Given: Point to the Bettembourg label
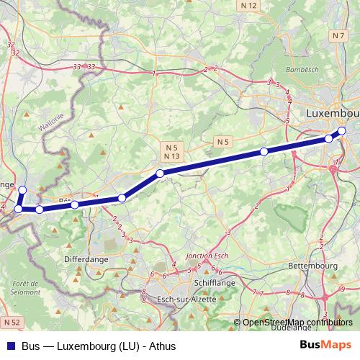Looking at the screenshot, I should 312,266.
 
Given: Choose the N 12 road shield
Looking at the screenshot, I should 249,5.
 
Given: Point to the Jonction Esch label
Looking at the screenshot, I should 206,256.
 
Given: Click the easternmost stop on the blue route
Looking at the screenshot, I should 342,131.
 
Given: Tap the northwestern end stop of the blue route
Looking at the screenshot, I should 22,190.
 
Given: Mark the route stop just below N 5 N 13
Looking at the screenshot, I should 160,173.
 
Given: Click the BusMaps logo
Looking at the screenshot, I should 325,345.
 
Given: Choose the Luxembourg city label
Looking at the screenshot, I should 332,114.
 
